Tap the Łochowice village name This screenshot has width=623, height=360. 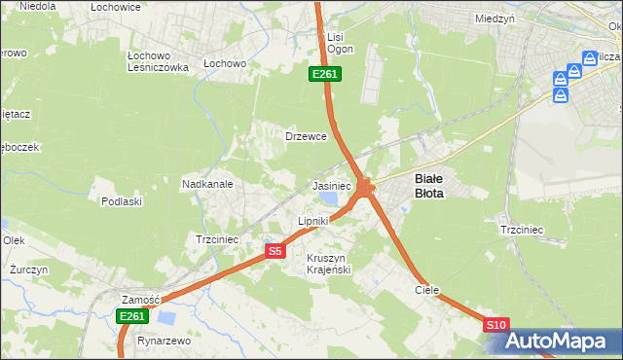(116, 7)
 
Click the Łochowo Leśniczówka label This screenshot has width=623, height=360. (158, 61)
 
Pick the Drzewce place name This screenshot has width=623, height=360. (305, 136)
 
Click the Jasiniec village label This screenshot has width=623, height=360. (331, 185)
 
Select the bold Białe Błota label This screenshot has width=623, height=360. (429, 186)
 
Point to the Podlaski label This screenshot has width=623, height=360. (122, 201)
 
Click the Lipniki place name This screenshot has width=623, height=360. (313, 221)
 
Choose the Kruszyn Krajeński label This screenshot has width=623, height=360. (328, 263)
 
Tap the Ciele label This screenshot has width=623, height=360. (427, 290)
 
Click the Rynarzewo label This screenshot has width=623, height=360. (164, 342)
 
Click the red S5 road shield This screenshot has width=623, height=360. (275, 251)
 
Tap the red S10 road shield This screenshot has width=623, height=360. (495, 325)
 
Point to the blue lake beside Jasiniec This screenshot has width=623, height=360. (327, 198)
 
